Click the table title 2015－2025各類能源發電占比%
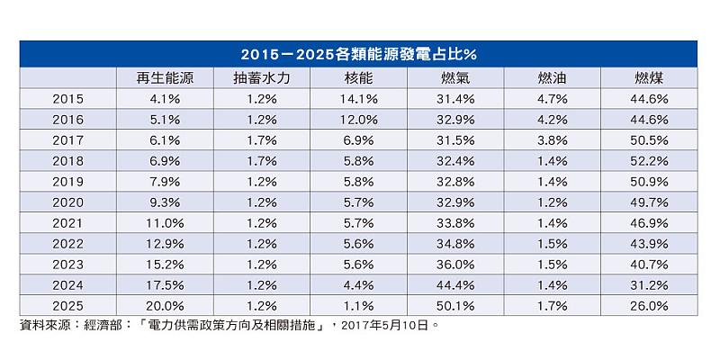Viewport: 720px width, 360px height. (x=360, y=53)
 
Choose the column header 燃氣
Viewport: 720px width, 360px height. (x=455, y=78)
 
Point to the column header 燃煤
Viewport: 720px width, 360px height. (x=650, y=78)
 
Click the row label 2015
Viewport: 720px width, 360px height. (x=68, y=99)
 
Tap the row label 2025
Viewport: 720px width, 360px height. (x=68, y=306)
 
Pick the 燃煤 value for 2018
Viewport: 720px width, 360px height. (x=650, y=161)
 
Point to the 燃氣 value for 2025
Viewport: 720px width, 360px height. (x=455, y=306)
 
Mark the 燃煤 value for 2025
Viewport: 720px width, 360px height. (x=650, y=306)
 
